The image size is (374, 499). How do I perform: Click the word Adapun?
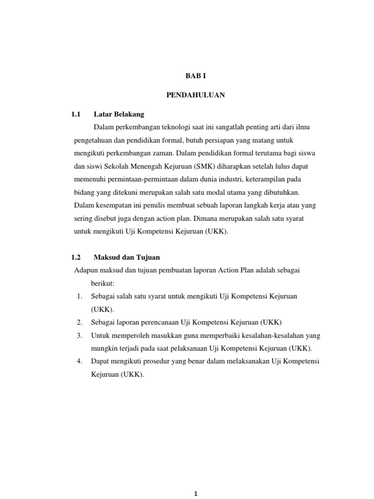[85, 270]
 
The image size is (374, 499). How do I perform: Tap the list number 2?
[79, 323]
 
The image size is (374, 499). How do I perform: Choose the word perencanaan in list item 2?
[152, 323]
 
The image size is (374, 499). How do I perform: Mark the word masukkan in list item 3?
[161, 336]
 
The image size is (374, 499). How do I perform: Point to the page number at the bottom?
[195, 494]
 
